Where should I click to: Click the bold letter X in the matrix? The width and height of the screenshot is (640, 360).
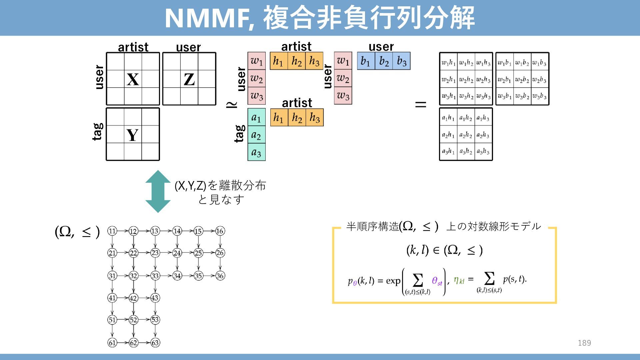[133, 79]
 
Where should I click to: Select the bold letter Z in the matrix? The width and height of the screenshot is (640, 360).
[189, 79]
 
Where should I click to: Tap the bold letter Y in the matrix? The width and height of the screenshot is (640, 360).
[133, 135]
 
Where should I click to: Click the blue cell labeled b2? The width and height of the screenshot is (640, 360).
[384, 61]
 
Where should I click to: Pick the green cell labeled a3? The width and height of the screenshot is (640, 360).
[256, 153]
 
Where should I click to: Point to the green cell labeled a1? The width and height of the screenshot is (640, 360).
[256, 117]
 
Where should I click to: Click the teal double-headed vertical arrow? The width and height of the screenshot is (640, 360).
[158, 191]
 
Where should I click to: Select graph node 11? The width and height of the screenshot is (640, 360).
[112, 231]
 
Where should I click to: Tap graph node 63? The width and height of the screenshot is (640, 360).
[155, 342]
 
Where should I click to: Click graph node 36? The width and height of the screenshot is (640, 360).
[220, 276]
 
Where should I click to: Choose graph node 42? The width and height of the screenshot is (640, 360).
[133, 298]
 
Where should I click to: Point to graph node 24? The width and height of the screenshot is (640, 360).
[177, 253]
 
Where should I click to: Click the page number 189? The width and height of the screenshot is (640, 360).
[584, 343]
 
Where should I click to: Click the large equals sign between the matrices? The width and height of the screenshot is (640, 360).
[421, 104]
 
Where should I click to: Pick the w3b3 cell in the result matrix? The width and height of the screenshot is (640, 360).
[539, 96]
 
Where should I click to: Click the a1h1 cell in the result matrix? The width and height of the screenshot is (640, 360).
[448, 118]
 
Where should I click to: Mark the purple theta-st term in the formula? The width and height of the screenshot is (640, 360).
[437, 281]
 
